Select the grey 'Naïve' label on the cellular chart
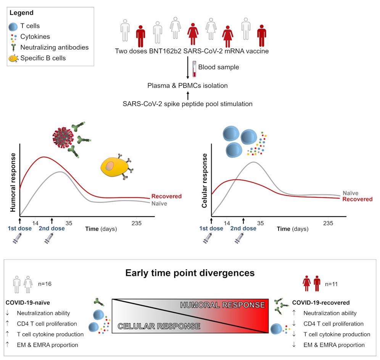[351, 194]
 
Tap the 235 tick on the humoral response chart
[136, 223]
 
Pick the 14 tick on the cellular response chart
[227, 223]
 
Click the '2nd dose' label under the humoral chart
[52, 229]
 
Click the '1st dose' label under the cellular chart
[211, 229]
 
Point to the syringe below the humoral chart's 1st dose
[18, 240]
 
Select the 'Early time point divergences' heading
[190, 273]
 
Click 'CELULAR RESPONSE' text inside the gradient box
[159, 326]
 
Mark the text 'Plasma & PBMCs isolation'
[188, 86]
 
